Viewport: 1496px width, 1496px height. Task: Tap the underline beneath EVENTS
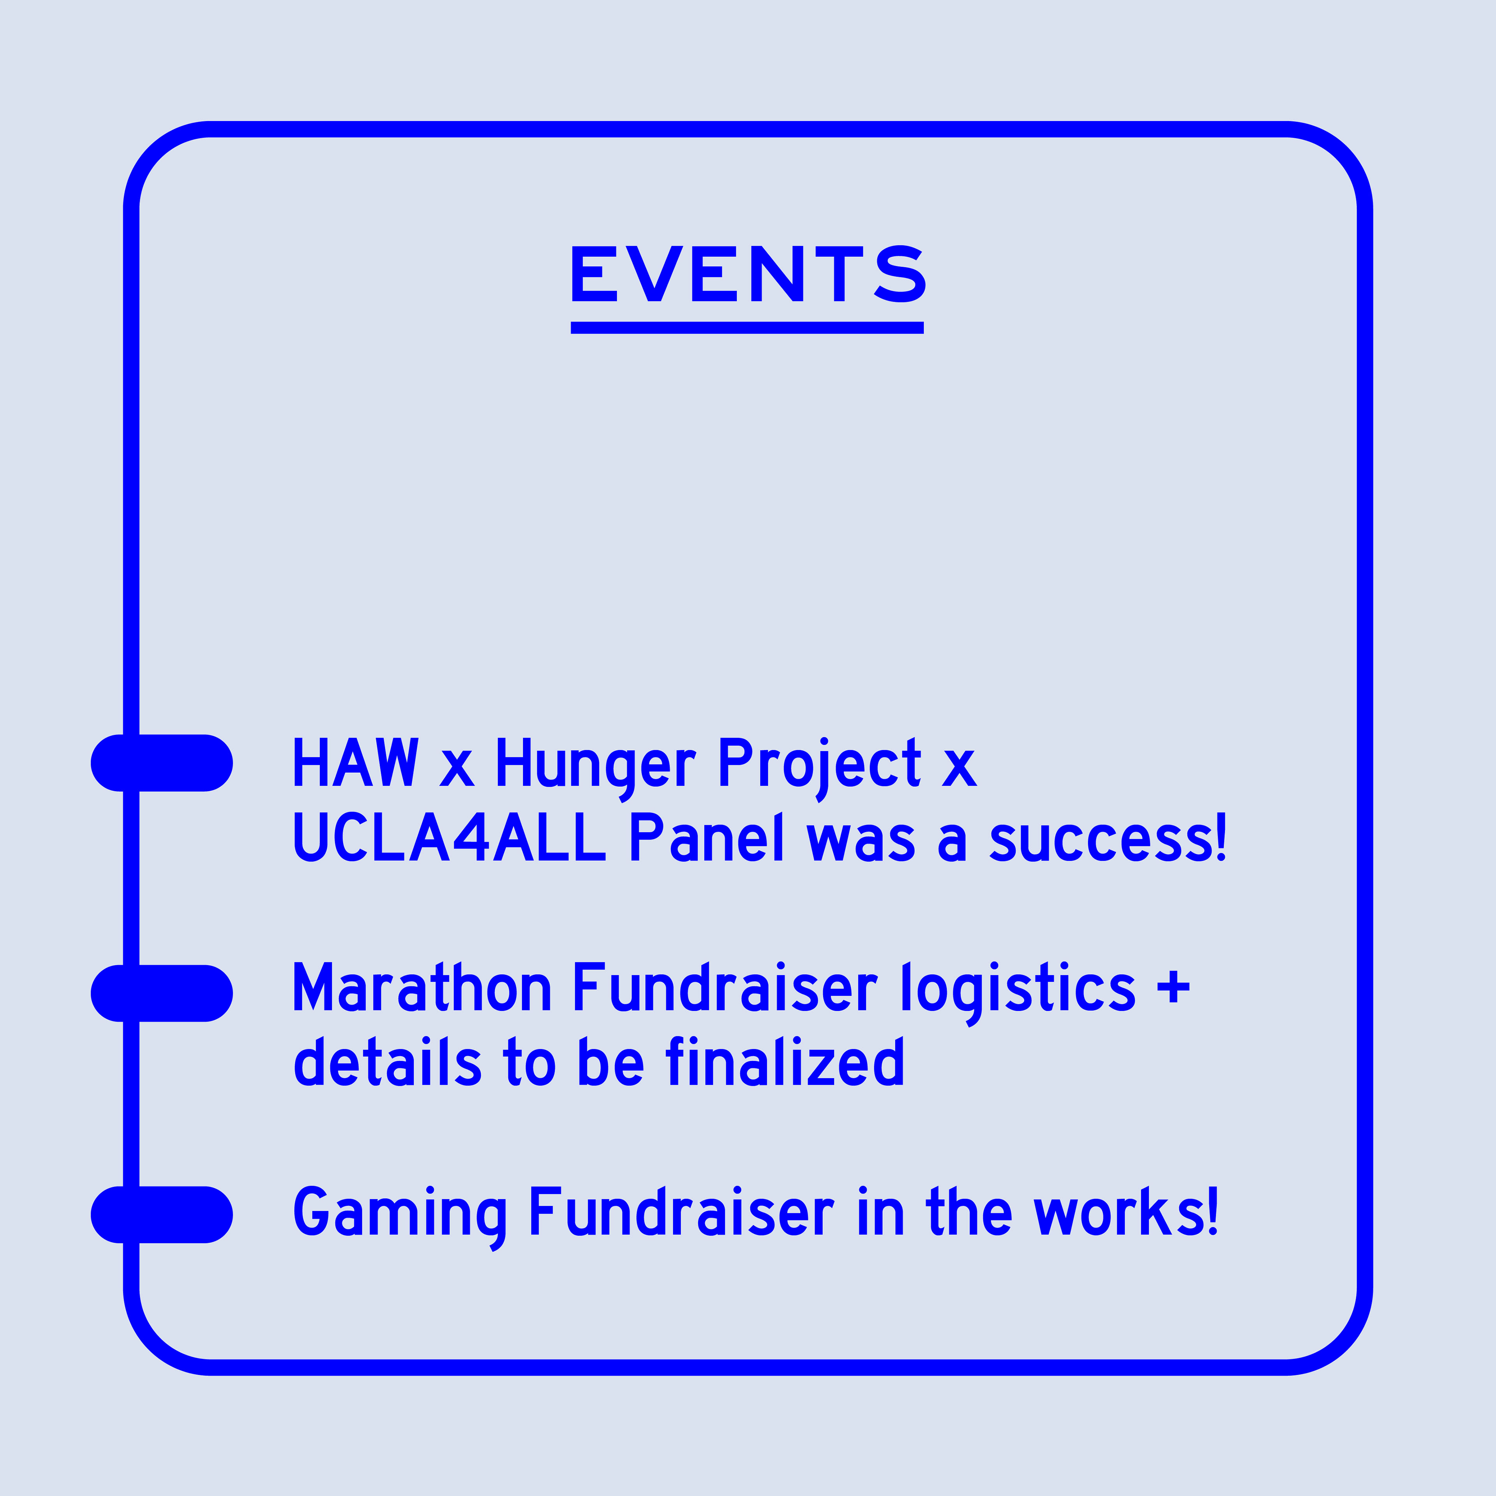click(x=747, y=328)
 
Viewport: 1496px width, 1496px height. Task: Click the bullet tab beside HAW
click(x=162, y=763)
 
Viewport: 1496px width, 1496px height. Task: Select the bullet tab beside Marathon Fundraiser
click(x=162, y=993)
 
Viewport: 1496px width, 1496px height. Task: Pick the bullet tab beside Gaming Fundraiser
click(x=162, y=1215)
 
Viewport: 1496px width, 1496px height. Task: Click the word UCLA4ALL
click(x=449, y=838)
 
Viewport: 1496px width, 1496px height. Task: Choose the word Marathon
click(x=422, y=988)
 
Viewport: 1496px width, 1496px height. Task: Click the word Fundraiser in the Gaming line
click(x=681, y=1211)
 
